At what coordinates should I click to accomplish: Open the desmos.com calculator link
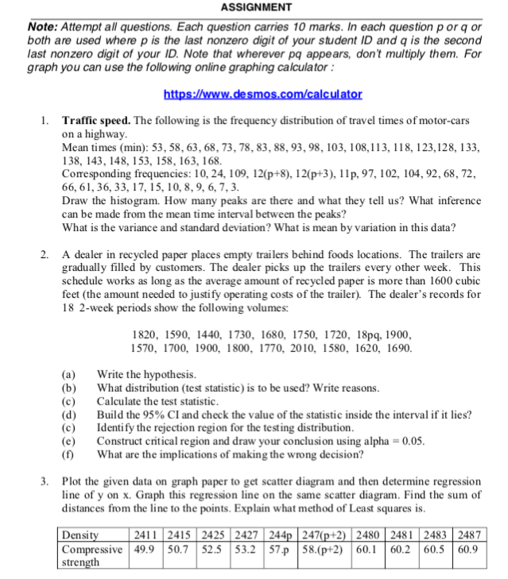coord(262,94)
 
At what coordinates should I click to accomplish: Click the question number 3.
coord(45,481)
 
